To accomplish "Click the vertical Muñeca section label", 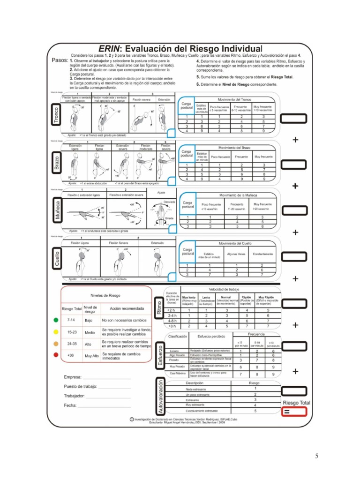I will (56, 210).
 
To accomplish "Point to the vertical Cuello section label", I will (56, 258).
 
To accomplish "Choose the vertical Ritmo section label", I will (159, 307).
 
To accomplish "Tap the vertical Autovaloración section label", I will (160, 396).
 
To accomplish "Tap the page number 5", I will (316, 456).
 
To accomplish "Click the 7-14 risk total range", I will (71, 321).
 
